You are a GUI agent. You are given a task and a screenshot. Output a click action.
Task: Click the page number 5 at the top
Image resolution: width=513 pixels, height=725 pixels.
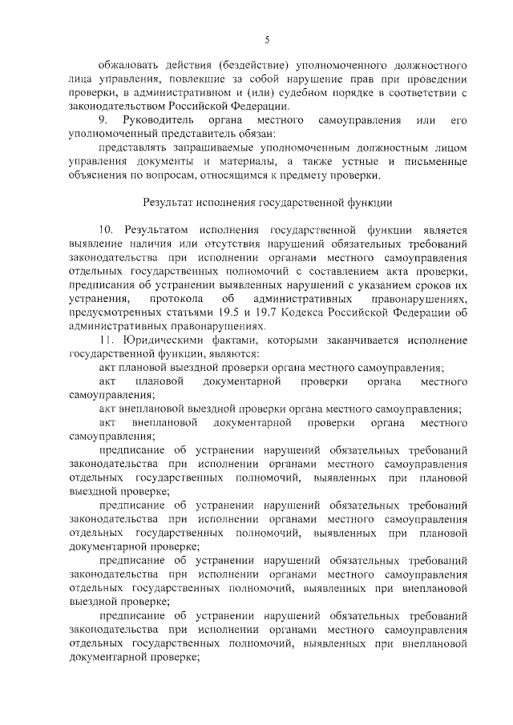point(266,41)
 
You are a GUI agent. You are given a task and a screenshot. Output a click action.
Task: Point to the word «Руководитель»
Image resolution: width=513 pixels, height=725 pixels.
point(157,119)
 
